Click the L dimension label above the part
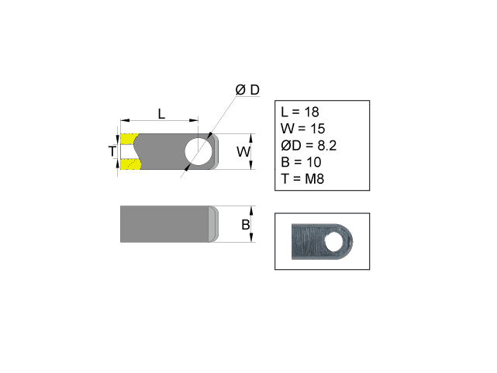161,113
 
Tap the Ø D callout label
247,90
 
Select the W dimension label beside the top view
243,151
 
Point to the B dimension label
245,225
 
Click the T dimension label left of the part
112,151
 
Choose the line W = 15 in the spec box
302,129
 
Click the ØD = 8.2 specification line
309,145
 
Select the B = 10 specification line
300,162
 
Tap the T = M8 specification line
302,178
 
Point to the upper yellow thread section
129,140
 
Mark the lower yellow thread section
129,164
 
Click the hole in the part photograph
335,242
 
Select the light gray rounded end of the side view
211,224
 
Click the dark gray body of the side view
163,224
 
